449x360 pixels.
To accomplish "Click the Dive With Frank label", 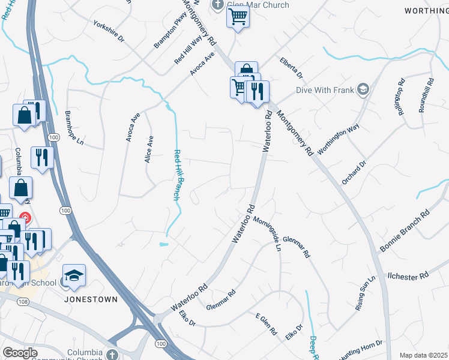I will click(325, 91).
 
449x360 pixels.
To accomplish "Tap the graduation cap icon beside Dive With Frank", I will click(363, 90).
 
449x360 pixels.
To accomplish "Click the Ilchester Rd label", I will click(408, 274).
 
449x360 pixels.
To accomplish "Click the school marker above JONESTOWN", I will click(74, 275).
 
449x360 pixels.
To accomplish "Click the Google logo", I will click(20, 353).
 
